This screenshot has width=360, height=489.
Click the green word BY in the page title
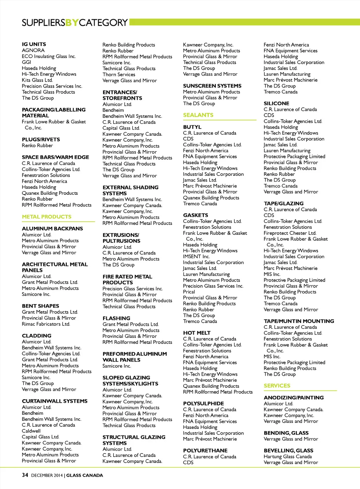pyautogui.click(x=72, y=23)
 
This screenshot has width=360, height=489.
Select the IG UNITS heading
pyautogui.click(x=34, y=44)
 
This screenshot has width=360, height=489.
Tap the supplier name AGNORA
pyautogui.click(x=33, y=50)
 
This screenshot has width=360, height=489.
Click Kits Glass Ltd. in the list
pyautogui.click(x=37, y=80)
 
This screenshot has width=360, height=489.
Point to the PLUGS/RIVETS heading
pyautogui.click(x=41, y=140)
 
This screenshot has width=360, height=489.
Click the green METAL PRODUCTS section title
pyautogui.click(x=46, y=217)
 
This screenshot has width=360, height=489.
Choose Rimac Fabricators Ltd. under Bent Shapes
pyautogui.click(x=46, y=324)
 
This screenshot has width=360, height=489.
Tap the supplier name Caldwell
pyautogui.click(x=31, y=431)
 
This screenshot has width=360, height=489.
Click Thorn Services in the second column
pyautogui.click(x=119, y=75)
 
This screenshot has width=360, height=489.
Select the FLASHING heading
pyautogui.click(x=116, y=319)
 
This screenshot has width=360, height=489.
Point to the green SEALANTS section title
pyautogui.click(x=198, y=115)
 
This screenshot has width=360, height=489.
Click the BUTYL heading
pyautogui.click(x=192, y=127)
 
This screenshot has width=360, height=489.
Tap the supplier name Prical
pyautogui.click(x=189, y=292)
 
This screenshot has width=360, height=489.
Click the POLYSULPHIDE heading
pyautogui.click(x=204, y=404)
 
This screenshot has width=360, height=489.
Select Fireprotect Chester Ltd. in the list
pyautogui.click(x=290, y=233)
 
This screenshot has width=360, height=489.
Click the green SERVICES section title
pyautogui.click(x=277, y=386)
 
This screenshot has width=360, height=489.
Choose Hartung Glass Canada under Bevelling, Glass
pyautogui.click(x=288, y=457)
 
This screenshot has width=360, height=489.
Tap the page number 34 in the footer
pyautogui.click(x=25, y=475)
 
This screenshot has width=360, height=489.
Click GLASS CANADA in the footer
pyautogui.click(x=85, y=476)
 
